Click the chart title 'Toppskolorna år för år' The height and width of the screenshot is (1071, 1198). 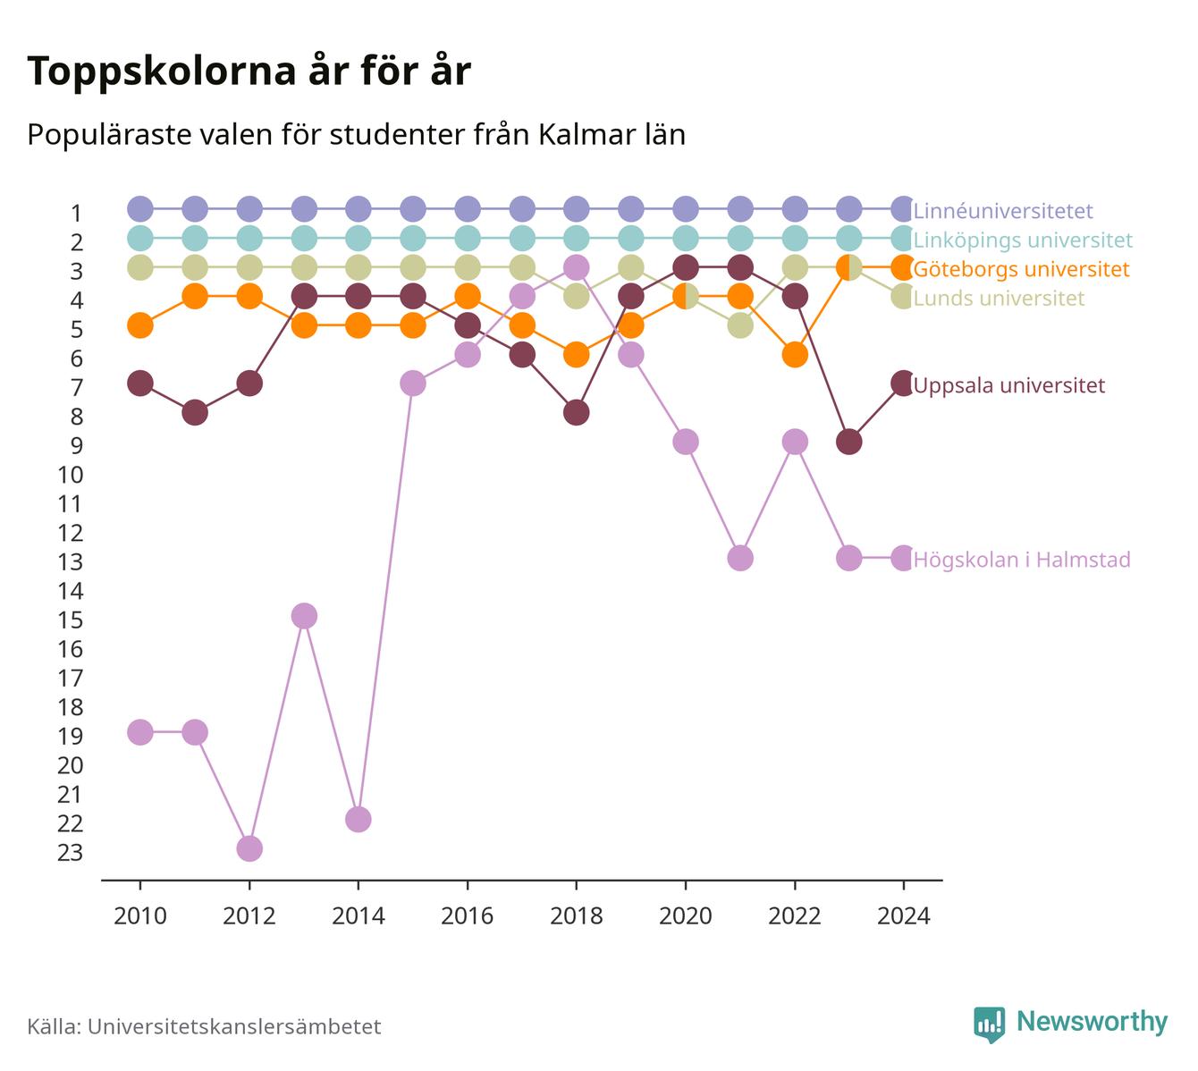249,71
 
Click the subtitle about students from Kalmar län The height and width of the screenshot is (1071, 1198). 356,135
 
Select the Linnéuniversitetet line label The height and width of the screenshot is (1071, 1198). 1003,210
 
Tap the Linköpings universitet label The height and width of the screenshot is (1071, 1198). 1023,240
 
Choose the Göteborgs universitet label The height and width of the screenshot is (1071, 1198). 1021,269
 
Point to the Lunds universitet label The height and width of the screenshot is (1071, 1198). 999,298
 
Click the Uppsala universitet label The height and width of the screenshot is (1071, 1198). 1008,385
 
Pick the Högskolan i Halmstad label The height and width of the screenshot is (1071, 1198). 1021,560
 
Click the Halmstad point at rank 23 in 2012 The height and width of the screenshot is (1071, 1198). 249,848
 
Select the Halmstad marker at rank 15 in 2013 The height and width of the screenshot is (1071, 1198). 304,616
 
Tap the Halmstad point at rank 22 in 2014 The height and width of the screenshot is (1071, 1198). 359,820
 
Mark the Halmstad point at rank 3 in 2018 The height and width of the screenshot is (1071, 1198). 577,268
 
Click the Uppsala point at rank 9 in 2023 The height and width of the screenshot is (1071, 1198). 849,442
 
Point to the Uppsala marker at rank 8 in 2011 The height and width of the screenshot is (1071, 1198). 195,413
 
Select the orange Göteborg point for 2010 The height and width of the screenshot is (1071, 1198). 140,325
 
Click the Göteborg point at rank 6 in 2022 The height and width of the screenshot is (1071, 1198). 795,355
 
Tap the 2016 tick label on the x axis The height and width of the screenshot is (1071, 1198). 468,916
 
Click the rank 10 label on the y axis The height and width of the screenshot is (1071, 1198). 71,475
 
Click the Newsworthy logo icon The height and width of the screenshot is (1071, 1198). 990,1025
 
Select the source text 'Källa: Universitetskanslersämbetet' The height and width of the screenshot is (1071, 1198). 204,1026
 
